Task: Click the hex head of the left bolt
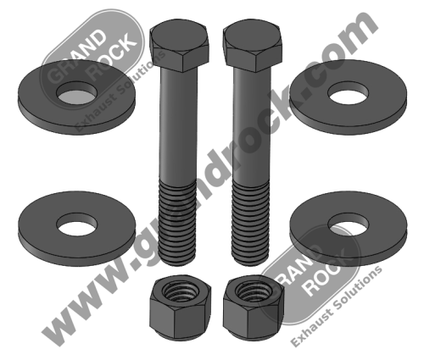point(178,48)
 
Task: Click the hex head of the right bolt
point(251,48)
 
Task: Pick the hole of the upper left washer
point(79,87)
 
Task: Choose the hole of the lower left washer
point(77,227)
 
